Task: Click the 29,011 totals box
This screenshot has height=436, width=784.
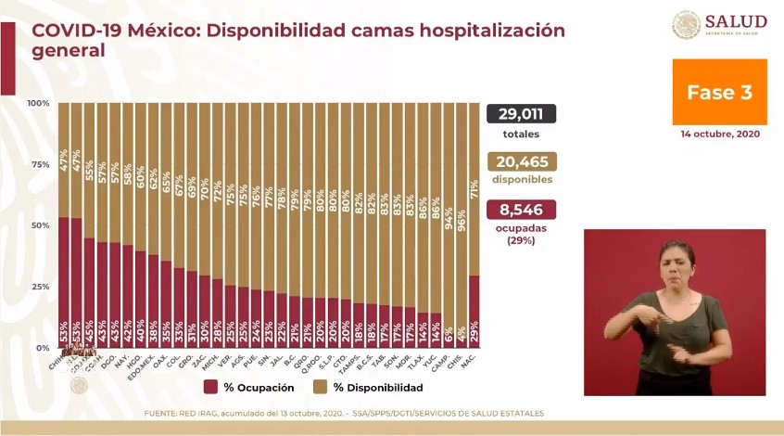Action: (520, 114)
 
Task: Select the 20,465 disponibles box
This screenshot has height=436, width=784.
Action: (520, 161)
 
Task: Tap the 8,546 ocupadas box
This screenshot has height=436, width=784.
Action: (520, 210)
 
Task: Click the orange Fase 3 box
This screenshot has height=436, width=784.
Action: (719, 92)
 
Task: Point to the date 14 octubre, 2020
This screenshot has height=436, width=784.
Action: (719, 135)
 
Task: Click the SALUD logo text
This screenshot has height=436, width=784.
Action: (736, 21)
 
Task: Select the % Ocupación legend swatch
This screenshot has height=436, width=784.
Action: (210, 387)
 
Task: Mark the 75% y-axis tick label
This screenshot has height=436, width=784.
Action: (40, 164)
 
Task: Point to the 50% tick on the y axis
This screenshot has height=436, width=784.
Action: (40, 225)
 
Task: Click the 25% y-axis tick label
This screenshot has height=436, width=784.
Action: (40, 287)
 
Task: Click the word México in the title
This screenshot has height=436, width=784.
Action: (162, 30)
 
